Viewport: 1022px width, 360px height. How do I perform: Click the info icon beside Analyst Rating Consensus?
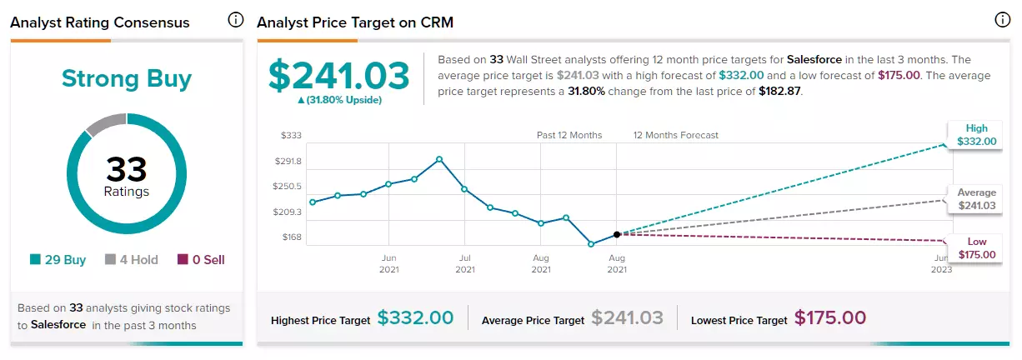(x=235, y=20)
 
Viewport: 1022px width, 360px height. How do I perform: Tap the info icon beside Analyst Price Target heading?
(x=1002, y=20)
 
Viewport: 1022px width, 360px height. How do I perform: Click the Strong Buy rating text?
(x=127, y=79)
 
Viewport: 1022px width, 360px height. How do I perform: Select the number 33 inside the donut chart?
(x=127, y=169)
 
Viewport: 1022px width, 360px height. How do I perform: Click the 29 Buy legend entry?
(x=58, y=260)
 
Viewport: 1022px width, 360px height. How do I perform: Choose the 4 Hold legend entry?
(x=132, y=260)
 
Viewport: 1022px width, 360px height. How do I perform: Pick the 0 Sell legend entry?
(x=201, y=260)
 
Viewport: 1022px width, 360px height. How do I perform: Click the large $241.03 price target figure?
(x=339, y=76)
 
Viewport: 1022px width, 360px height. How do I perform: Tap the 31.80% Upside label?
(x=339, y=100)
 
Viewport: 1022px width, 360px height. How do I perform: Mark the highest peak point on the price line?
(x=439, y=159)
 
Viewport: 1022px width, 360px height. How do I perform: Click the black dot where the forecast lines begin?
(x=617, y=234)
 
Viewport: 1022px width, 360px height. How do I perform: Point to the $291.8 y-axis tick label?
(x=288, y=161)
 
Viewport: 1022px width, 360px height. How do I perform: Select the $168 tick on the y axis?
(x=292, y=237)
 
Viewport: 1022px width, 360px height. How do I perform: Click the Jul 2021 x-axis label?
(x=465, y=263)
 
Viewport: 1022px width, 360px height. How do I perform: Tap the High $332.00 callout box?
(x=975, y=135)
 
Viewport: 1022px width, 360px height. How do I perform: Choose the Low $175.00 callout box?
(x=975, y=247)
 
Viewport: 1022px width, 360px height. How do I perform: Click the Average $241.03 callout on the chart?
(x=975, y=199)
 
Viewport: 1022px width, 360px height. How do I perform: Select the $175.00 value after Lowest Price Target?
(x=830, y=317)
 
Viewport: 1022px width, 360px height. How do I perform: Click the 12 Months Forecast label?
(x=676, y=135)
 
